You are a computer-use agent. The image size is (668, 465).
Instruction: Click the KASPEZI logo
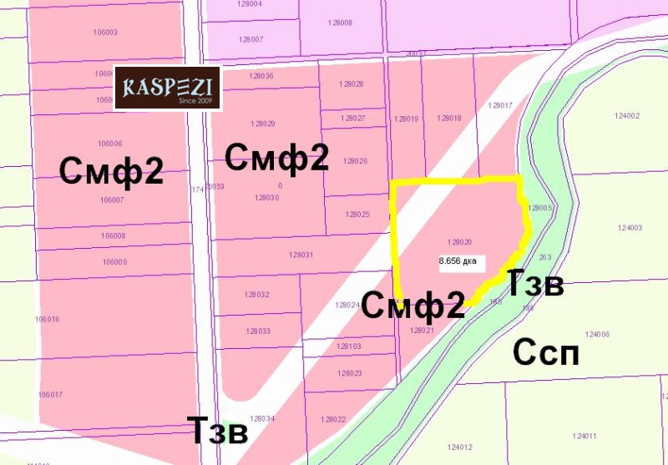pos(167,88)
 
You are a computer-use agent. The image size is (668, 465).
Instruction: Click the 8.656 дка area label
pos(458,260)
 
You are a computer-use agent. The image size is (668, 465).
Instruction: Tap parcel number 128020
pos(460,241)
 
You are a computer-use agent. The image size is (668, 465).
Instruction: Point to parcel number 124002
pos(626,116)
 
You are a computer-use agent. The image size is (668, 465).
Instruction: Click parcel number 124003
pos(630,228)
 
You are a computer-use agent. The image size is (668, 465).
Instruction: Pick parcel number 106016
pos(48,319)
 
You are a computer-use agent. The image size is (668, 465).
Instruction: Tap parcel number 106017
pos(50,394)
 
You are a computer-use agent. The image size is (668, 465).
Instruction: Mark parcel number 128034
pos(262,418)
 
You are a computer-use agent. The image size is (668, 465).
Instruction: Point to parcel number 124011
pos(584,437)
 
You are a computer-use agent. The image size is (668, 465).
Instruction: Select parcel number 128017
pos(500,106)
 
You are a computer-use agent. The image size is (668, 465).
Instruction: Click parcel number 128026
pos(356,161)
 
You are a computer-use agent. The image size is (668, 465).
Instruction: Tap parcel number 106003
pos(106,33)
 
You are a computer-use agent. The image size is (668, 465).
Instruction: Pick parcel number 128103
pos(349,346)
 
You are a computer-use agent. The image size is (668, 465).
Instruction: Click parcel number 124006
pos(598,334)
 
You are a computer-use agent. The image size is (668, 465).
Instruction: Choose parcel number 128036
pos(261,76)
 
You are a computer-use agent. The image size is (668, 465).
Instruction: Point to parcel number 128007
pos(250,39)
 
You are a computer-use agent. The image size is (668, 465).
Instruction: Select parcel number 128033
pos(258,331)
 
